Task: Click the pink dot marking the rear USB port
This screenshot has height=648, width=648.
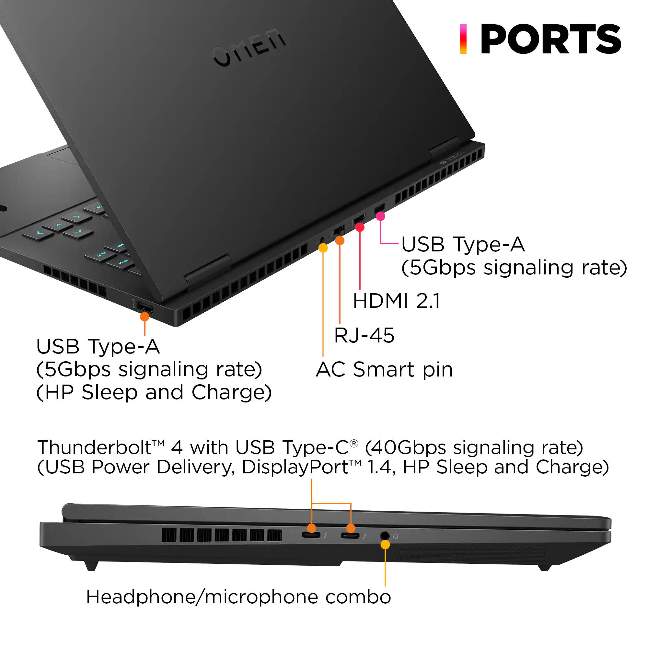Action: tap(380, 216)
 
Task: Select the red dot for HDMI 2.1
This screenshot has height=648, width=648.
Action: tap(360, 227)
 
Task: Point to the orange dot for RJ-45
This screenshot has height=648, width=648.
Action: tap(340, 240)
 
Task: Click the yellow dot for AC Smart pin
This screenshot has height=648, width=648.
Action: tap(323, 248)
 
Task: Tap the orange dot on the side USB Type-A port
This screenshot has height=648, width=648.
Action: tap(145, 316)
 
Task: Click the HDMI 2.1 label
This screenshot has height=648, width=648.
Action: tap(396, 301)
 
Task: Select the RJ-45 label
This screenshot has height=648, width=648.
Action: tap(364, 335)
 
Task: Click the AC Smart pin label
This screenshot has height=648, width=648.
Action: tap(384, 370)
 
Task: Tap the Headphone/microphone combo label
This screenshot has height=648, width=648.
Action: tap(238, 597)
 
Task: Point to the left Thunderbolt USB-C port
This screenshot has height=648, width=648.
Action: tap(311, 535)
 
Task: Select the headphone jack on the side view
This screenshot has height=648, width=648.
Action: tap(385, 535)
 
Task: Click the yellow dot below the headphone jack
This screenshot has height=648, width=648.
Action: tap(385, 545)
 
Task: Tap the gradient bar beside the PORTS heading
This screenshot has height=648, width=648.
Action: tap(463, 39)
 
